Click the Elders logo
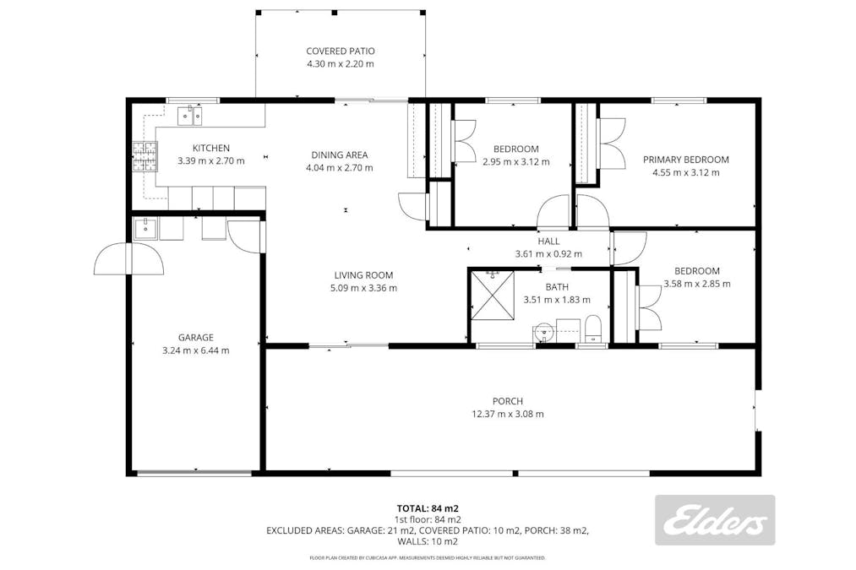coord(715,520)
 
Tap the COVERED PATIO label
coord(340,51)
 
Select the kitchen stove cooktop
coord(144,156)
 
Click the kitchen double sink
coord(190,115)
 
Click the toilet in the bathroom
coord(592,328)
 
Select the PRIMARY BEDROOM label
coord(685,160)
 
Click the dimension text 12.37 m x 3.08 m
coord(508,414)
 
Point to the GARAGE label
coord(195,337)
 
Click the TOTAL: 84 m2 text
coord(428,508)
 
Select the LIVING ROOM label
coord(363,275)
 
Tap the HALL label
coord(548,242)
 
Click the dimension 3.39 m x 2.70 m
coord(210,160)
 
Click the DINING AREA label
coord(339,155)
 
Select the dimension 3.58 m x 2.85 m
coord(696,284)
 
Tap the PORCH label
coord(508,401)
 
